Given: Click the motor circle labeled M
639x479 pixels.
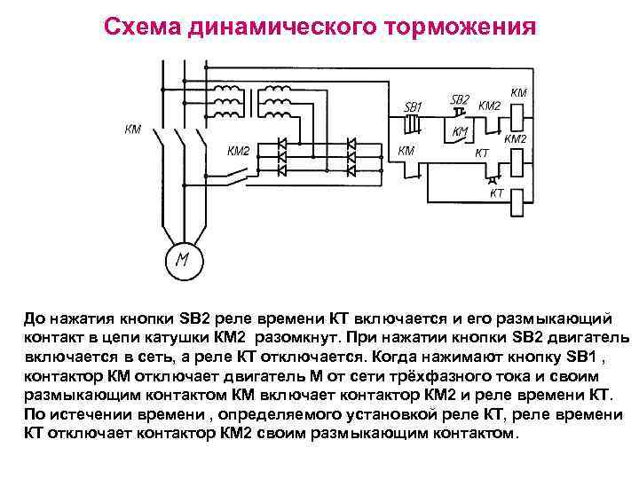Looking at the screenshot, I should pyautogui.click(x=183, y=260).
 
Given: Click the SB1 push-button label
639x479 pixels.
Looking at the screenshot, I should pyautogui.click(x=413, y=107).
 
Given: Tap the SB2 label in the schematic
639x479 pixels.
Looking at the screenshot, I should pyautogui.click(x=460, y=99).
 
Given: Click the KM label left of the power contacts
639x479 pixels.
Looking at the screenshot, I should pyautogui.click(x=132, y=130).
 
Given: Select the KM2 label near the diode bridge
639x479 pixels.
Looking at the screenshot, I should pyautogui.click(x=239, y=151).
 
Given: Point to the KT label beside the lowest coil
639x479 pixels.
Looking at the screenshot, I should pyautogui.click(x=497, y=192).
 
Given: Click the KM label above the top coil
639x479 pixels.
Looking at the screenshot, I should pyautogui.click(x=519, y=91).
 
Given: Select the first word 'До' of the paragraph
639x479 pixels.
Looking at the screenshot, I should pyautogui.click(x=33, y=318).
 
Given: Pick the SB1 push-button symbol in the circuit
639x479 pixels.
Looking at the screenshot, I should pyautogui.click(x=411, y=124).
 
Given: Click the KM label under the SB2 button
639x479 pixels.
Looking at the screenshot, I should pyautogui.click(x=461, y=132).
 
